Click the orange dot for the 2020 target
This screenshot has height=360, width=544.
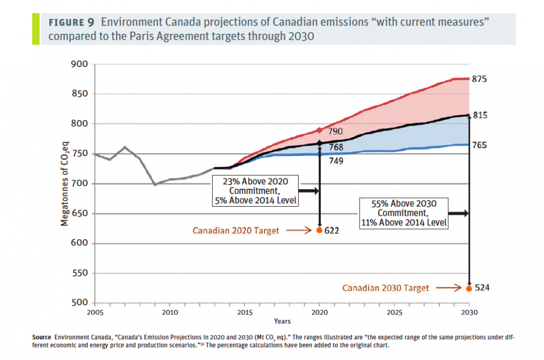click(x=319, y=230)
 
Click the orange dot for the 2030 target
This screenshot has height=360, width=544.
click(x=469, y=288)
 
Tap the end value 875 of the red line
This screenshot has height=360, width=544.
click(x=480, y=79)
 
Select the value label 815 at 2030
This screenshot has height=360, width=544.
click(x=480, y=115)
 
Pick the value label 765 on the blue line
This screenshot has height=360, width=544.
click(x=480, y=145)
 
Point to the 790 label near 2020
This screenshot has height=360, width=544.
click(x=335, y=132)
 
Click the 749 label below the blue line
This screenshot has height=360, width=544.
click(x=335, y=161)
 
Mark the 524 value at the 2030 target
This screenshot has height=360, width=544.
click(x=482, y=288)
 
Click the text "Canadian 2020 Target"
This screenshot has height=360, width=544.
click(x=236, y=231)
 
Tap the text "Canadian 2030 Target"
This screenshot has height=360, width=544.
click(x=385, y=288)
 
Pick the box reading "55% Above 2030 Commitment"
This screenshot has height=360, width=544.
click(x=403, y=213)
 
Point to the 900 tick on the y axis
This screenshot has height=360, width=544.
click(x=79, y=64)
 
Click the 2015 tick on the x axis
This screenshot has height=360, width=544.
click(x=245, y=312)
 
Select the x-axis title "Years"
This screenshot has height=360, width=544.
click(x=282, y=321)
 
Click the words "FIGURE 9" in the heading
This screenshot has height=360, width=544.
click(x=71, y=23)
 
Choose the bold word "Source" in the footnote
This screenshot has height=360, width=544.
click(x=42, y=337)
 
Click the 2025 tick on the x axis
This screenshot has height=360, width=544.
click(x=394, y=312)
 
